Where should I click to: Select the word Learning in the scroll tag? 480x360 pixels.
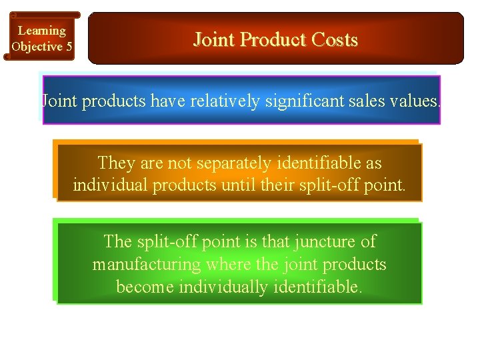point(41,31)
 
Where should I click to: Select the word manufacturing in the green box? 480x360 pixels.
point(146,264)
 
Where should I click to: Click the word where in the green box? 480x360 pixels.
point(229,264)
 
